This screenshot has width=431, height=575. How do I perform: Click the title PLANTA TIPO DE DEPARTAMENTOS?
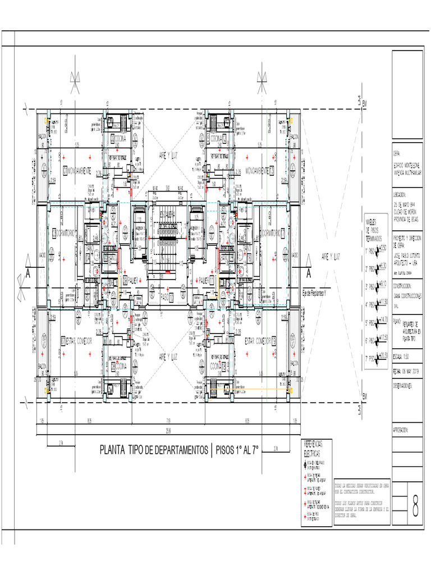click(x=153, y=450)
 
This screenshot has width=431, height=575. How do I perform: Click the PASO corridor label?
click(x=165, y=295)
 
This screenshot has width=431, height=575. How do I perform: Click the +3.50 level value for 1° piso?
click(x=384, y=248)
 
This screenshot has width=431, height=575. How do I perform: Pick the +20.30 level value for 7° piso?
click(x=383, y=355)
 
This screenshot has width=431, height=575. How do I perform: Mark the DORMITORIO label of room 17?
click(x=274, y=232)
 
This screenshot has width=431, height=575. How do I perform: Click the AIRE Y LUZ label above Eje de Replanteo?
click(x=332, y=256)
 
